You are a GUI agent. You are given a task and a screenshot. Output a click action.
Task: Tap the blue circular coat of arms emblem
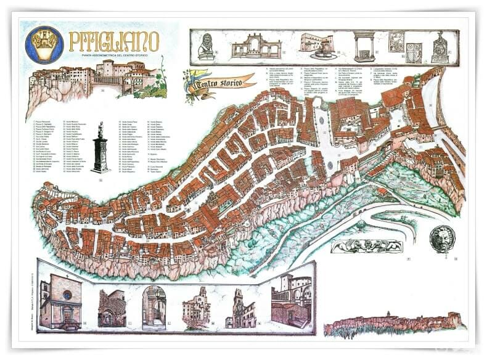(44, 44)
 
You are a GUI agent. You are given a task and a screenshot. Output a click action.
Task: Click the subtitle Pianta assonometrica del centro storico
(114, 56)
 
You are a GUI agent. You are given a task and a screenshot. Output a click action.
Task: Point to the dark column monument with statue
(100, 149)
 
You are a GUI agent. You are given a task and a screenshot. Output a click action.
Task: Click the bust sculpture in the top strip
(207, 46)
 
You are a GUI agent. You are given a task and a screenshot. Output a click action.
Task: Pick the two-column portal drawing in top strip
(364, 47)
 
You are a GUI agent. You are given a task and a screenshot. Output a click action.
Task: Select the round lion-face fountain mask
(441, 239)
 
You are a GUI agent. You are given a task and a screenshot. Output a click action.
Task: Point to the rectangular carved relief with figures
(366, 246)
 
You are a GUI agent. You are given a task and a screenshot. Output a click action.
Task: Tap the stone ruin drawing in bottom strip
(112, 307)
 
